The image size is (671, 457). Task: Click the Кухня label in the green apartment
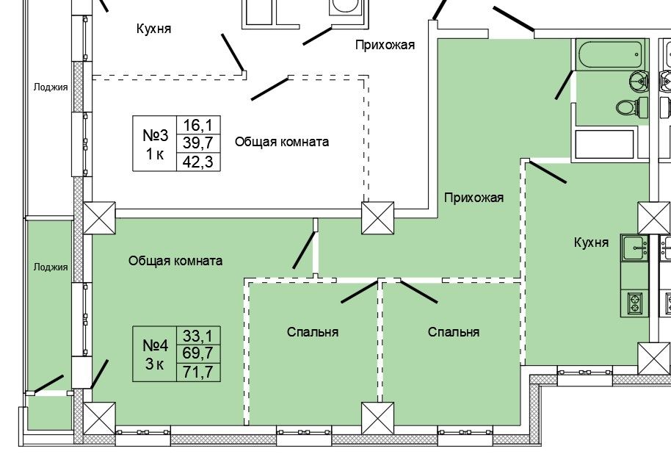pos(591,242)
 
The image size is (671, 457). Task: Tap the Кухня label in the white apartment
pos(153,29)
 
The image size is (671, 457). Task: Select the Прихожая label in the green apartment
pos(473,197)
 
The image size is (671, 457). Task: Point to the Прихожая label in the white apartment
pos(385,45)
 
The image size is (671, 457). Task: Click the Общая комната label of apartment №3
pos(281,142)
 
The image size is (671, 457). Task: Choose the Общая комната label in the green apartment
pos(175,261)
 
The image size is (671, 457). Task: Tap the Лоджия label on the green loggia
pos(51,267)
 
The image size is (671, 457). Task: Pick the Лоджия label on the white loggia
pos(51,87)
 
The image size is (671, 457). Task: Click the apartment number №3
pos(155,136)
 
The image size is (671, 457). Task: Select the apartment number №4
pos(155,345)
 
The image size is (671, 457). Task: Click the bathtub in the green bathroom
pos(610,54)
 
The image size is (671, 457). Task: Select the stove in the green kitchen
pos(633,302)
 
